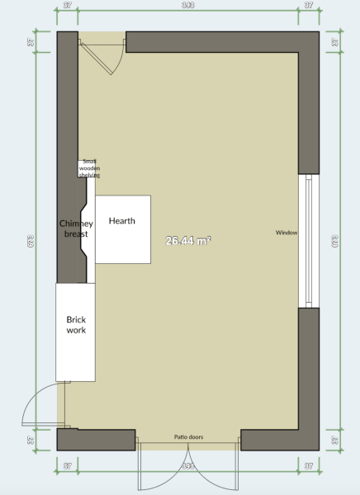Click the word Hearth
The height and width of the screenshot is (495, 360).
121,221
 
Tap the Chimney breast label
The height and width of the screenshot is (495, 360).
76,229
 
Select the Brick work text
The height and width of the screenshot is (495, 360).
76,324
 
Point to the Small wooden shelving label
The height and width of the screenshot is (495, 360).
89,168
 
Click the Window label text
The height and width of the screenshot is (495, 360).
287,233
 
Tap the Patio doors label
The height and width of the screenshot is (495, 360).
188,436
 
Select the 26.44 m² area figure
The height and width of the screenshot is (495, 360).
187,241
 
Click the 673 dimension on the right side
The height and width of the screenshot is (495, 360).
335,241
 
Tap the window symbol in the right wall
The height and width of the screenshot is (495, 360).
308,241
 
